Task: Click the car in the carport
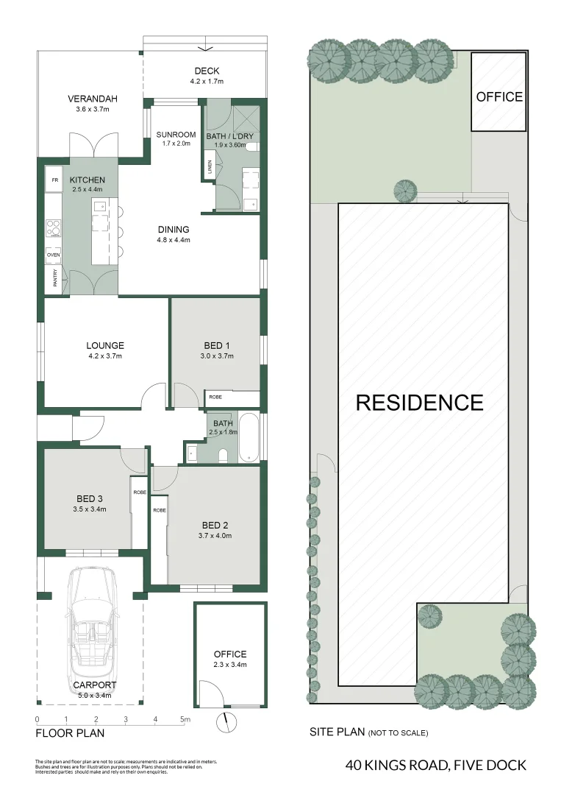[x=91, y=634]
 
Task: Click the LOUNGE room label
[x=105, y=345]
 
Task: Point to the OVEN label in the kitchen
[x=53, y=255]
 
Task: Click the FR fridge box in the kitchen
[x=54, y=179]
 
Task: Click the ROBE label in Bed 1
[x=215, y=397]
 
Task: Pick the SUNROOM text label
[x=176, y=135]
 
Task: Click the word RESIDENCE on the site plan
[x=419, y=403]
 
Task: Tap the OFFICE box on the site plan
[x=499, y=96]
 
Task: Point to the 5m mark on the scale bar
[x=185, y=719]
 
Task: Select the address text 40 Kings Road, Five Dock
[x=435, y=766]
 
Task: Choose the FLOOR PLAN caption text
[x=71, y=733]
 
